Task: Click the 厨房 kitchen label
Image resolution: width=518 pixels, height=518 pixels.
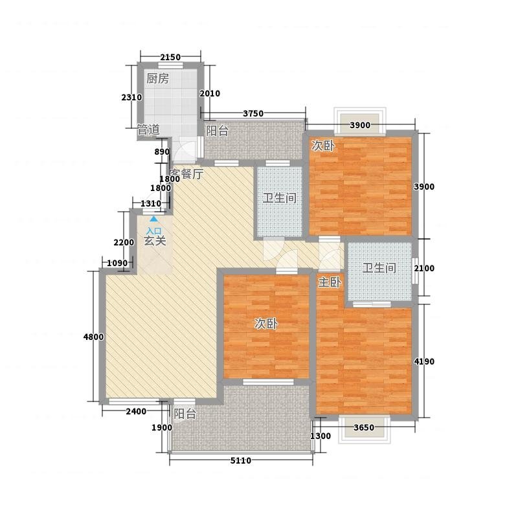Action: [x=157, y=78]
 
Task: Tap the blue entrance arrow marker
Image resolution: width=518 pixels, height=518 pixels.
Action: [x=153, y=219]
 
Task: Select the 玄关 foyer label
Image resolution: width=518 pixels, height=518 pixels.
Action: [x=155, y=241]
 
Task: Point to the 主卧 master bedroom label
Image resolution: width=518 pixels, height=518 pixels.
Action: [x=330, y=282]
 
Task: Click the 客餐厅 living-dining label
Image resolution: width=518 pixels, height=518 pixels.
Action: [x=186, y=174]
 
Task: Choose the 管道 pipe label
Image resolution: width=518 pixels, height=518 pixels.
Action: [x=148, y=130]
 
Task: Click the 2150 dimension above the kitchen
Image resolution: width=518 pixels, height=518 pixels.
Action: [x=170, y=58]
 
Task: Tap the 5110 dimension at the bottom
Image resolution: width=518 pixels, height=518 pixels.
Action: [x=240, y=460]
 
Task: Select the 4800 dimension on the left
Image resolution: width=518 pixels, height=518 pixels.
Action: [x=93, y=337]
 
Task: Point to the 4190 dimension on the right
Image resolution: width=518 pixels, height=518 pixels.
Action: [x=424, y=361]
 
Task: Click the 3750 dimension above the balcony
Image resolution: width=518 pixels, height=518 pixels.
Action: [x=253, y=114]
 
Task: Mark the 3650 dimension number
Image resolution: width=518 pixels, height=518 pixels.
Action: [x=364, y=427]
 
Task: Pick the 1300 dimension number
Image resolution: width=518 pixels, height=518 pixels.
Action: [x=321, y=436]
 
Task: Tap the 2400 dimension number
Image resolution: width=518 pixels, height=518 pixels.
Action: [x=136, y=411]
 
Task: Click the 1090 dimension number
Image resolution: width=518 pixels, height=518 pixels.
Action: [x=117, y=264]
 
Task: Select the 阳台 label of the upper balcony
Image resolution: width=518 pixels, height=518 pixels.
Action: [x=217, y=131]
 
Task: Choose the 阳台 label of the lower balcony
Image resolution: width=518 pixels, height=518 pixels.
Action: [x=185, y=414]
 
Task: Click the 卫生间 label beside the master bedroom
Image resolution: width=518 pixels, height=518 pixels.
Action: [x=379, y=268]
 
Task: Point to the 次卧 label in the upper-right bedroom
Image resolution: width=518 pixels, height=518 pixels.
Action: [x=322, y=146]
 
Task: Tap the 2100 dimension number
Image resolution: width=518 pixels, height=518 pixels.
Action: [x=424, y=268]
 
